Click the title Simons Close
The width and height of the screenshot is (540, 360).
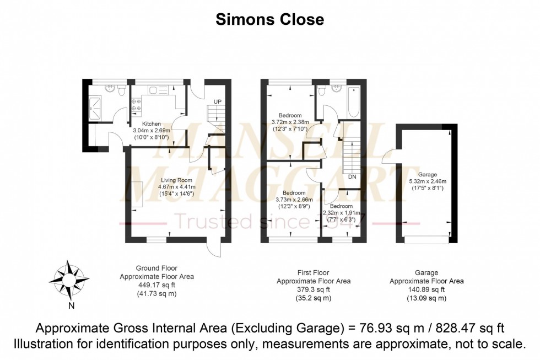point(269,20)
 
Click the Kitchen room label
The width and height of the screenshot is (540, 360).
point(152,123)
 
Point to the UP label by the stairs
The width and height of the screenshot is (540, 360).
point(217,101)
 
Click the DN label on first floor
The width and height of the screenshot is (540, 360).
point(352,177)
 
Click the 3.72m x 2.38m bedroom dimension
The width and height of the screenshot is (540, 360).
point(290,122)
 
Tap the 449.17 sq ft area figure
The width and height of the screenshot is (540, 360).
point(156,286)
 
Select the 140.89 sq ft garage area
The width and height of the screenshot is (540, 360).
point(426,289)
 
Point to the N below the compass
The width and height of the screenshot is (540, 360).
point(70,305)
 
